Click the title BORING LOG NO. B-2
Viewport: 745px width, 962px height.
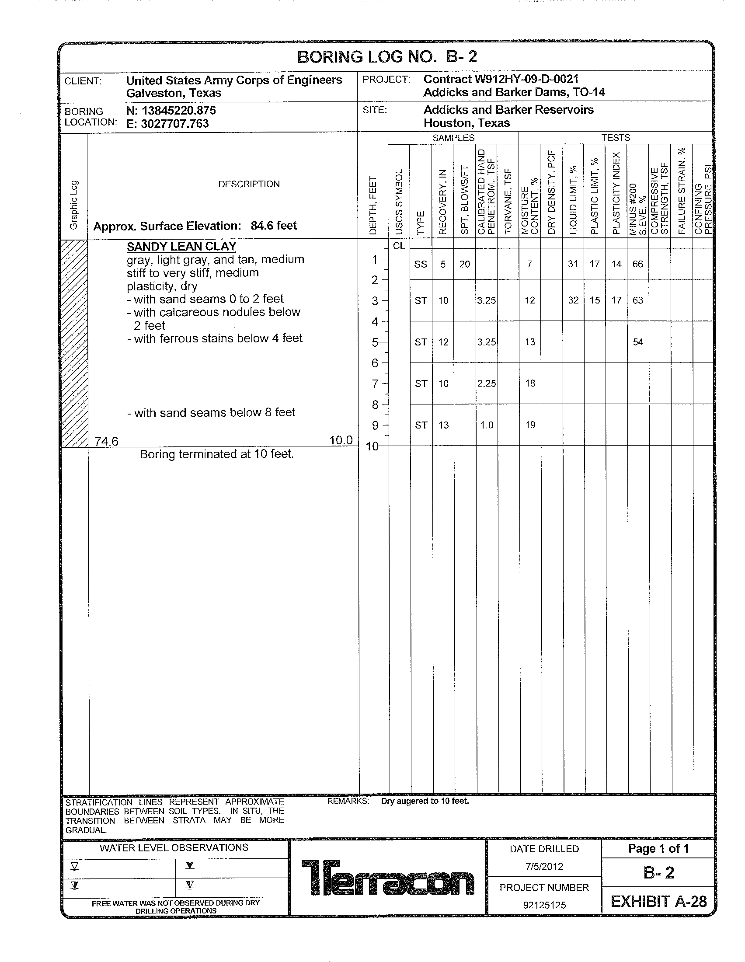(386, 57)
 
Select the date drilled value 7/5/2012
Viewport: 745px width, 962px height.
(544, 866)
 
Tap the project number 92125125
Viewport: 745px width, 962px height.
(544, 905)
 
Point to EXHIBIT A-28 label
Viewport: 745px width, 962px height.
(658, 902)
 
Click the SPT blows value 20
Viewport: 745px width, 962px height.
(464, 264)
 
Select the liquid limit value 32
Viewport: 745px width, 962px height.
(573, 300)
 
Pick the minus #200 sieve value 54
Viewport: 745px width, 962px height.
(638, 342)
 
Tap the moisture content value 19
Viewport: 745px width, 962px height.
(530, 425)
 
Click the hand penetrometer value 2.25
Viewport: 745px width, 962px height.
(487, 383)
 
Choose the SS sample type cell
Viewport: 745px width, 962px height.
(421, 264)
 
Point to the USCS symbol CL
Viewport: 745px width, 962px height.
(398, 246)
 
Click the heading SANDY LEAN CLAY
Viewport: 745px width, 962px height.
(181, 247)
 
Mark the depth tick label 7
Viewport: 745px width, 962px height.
(375, 384)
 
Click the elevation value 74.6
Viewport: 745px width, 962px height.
(107, 441)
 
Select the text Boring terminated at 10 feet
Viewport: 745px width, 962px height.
(216, 454)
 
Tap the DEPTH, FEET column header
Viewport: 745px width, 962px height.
(373, 205)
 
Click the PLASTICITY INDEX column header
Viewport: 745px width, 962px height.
(616, 193)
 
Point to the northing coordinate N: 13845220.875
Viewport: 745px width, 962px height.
(171, 110)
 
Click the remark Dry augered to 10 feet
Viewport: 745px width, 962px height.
(425, 801)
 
